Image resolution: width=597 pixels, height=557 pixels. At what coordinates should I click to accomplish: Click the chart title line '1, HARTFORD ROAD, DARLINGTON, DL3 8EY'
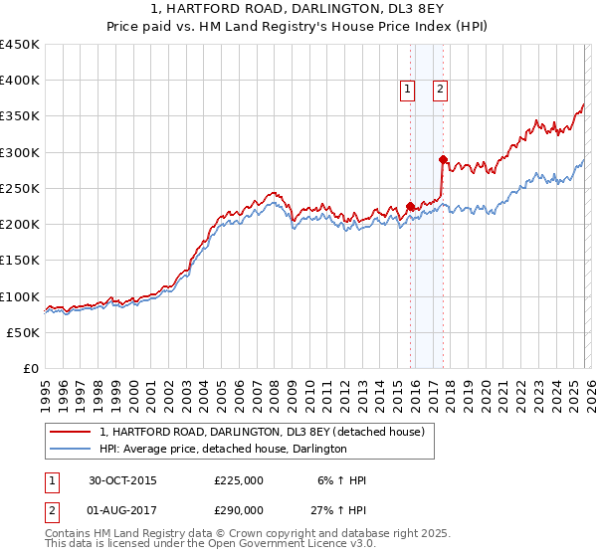tap(298, 10)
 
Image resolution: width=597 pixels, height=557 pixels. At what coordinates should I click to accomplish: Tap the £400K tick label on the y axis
tap(20, 81)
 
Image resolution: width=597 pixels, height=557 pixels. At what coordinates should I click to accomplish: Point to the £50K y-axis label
tap(24, 332)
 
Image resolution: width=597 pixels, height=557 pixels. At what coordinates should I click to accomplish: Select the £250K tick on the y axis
tap(20, 188)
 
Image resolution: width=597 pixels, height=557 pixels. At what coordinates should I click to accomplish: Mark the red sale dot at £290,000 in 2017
tap(442, 159)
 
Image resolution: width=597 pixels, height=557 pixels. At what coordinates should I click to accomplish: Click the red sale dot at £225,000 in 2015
tap(410, 206)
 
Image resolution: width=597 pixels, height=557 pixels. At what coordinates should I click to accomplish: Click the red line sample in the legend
tap(71, 432)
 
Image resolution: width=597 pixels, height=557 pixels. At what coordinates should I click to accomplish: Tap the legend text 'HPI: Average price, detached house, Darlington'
tap(223, 450)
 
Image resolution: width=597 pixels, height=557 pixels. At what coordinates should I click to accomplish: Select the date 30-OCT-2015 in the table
tap(122, 480)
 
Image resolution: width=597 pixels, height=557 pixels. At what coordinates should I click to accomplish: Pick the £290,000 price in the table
tap(238, 509)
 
